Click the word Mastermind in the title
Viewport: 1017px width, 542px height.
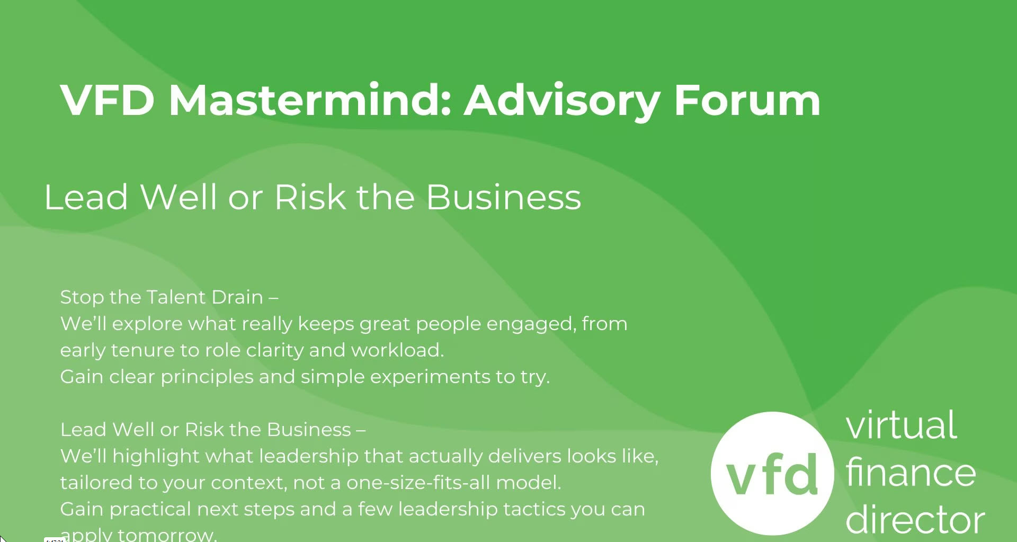[x=310, y=100]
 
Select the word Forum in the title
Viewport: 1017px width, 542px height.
[x=747, y=100]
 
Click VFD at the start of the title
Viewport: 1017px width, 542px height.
[x=107, y=100]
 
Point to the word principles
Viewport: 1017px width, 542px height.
[x=207, y=377]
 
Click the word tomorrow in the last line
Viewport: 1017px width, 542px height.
[x=167, y=534]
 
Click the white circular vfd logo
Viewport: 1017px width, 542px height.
[x=772, y=473]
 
